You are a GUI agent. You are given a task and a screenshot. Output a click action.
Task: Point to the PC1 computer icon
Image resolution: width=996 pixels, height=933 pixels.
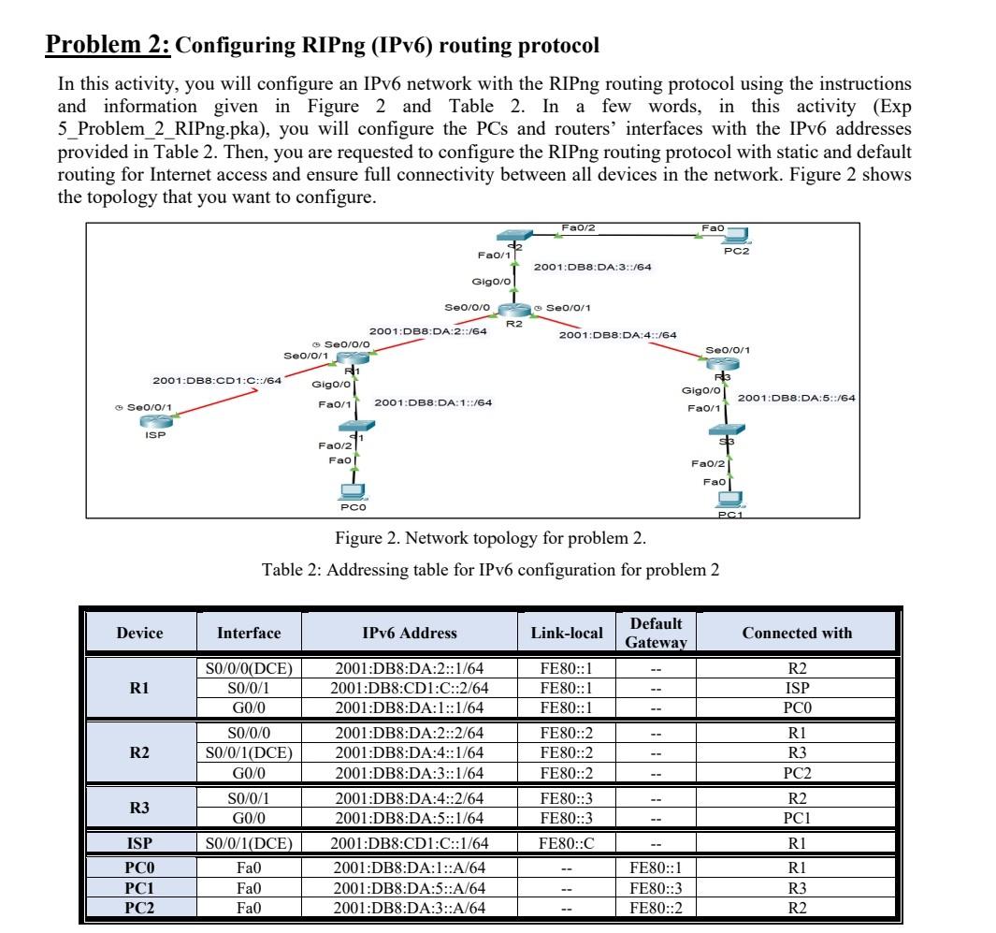click(728, 499)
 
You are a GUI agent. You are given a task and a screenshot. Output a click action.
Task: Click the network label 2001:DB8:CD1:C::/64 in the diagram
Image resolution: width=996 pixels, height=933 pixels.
click(217, 380)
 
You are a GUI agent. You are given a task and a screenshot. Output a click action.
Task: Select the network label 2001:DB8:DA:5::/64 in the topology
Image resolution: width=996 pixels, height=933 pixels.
click(796, 398)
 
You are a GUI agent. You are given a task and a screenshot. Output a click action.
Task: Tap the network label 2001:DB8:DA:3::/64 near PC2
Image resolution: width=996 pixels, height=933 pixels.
click(592, 267)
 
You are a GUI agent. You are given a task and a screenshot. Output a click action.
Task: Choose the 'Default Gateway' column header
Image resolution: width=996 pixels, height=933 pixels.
click(656, 633)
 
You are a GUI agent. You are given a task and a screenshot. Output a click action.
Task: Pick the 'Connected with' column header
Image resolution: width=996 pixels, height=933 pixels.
click(797, 633)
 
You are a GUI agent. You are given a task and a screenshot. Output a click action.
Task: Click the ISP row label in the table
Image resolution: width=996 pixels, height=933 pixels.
click(140, 843)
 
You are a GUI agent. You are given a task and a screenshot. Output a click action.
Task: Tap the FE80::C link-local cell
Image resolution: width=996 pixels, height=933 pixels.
click(566, 843)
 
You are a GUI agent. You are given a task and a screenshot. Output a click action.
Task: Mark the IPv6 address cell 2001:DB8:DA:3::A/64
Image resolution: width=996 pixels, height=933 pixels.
click(410, 907)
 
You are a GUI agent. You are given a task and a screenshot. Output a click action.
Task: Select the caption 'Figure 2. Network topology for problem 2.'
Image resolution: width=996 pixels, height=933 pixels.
click(490, 538)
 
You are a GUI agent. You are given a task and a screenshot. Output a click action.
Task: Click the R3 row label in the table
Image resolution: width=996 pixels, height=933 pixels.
click(140, 808)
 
